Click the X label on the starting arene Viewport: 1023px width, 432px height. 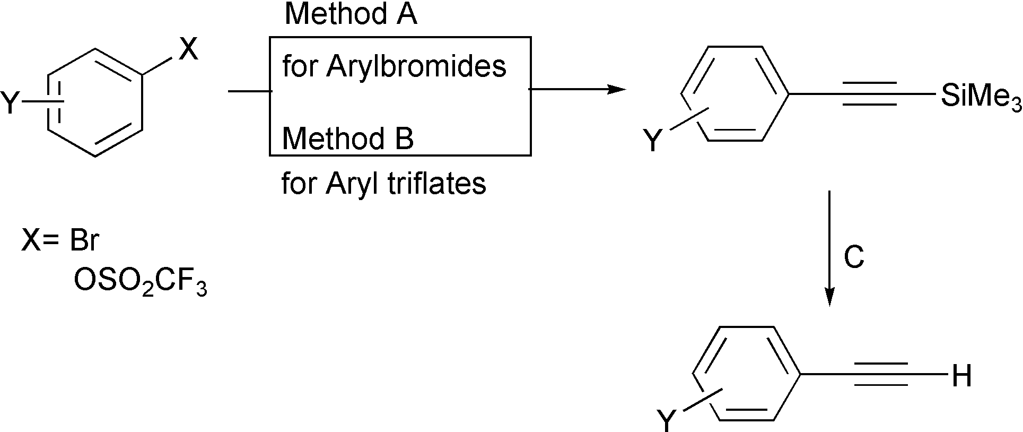pos(188,50)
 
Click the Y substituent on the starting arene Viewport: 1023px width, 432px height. pos(10,103)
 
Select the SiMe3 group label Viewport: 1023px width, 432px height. pos(981,97)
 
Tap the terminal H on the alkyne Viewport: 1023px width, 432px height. pos(961,376)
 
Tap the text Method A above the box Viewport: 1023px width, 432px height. pos(351,14)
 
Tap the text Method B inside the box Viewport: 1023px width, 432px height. pos(347,139)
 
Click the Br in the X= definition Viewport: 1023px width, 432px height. pos(84,240)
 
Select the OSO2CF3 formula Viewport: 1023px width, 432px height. pos(140,281)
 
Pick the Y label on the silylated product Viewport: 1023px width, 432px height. pos(653,142)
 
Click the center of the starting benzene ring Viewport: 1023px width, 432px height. pos(95,103)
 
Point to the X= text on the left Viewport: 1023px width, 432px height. pos(40,241)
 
